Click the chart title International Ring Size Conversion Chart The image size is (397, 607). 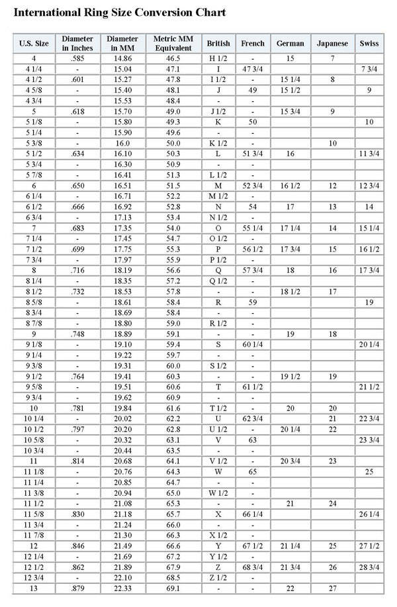119,13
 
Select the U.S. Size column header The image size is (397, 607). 34,43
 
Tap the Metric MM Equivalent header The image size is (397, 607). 173,43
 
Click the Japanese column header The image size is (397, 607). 332,43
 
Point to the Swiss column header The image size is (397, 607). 369,43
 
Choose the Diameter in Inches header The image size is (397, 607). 77,43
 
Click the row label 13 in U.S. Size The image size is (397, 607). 34,588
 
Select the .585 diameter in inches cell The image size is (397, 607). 77,59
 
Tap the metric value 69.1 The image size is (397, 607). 173,588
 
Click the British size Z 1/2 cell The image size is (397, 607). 218,578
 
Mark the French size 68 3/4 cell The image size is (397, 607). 253,567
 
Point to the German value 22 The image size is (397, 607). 290,588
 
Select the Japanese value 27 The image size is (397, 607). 332,588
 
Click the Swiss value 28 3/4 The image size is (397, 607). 369,567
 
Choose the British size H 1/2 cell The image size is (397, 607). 218,59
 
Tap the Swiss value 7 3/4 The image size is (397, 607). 369,70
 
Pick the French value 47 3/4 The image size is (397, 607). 253,70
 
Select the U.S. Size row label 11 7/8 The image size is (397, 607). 34,536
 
